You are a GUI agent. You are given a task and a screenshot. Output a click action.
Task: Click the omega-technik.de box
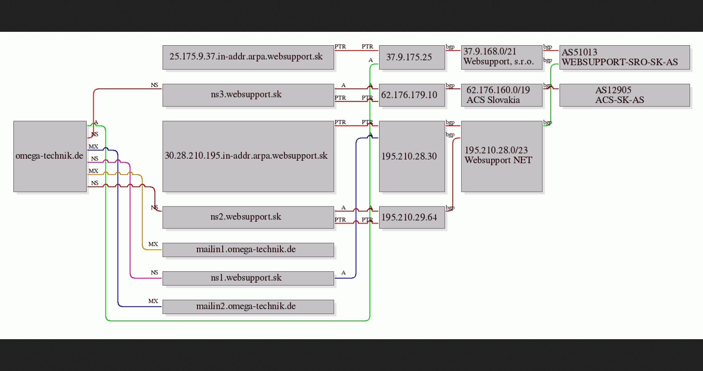click(50, 157)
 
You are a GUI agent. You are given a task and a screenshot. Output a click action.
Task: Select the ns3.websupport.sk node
click(248, 95)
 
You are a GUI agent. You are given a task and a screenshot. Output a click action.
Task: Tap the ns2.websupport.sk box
click(248, 217)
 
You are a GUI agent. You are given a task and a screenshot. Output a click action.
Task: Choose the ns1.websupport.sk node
click(248, 278)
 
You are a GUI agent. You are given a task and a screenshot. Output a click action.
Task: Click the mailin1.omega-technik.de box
click(248, 250)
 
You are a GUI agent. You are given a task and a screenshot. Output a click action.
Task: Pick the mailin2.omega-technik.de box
click(248, 307)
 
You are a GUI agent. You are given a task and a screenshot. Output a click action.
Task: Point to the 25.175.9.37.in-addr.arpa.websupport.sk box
click(248, 57)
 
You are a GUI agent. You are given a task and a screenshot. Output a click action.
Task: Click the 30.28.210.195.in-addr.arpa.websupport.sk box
click(248, 157)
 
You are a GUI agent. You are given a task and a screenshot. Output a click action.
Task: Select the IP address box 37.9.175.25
click(412, 57)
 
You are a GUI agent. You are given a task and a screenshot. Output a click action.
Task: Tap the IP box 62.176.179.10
click(412, 95)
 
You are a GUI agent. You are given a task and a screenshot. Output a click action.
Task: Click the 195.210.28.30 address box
click(412, 157)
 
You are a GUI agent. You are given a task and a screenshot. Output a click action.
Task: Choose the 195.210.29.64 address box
click(412, 217)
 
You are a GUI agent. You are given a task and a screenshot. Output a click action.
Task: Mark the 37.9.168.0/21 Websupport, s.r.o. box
click(502, 57)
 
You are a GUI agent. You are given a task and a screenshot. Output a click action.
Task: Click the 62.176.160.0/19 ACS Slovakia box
click(502, 95)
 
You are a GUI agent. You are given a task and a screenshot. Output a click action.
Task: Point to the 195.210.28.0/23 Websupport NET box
click(502, 157)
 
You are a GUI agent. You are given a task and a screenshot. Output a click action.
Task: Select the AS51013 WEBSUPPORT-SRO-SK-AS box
click(624, 57)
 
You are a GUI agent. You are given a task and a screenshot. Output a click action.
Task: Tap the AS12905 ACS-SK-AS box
click(624, 95)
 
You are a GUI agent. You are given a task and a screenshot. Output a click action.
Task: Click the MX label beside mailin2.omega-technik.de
click(153, 301)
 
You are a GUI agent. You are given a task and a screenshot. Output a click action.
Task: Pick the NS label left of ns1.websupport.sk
click(154, 272)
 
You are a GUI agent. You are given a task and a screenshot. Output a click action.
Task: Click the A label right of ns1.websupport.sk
click(343, 273)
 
